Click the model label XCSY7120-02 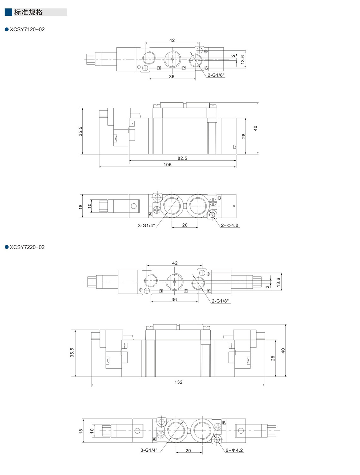pyautogui.click(x=27, y=29)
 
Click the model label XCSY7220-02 pyautogui.click(x=27, y=247)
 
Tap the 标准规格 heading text pyautogui.click(x=28, y=12)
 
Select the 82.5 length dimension pyautogui.click(x=182, y=158)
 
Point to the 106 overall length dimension pyautogui.click(x=167, y=165)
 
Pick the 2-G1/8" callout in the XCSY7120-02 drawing pyautogui.click(x=216, y=75)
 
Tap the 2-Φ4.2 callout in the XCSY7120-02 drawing pyautogui.click(x=230, y=225)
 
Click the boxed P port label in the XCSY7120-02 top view pyautogui.click(x=184, y=68)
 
